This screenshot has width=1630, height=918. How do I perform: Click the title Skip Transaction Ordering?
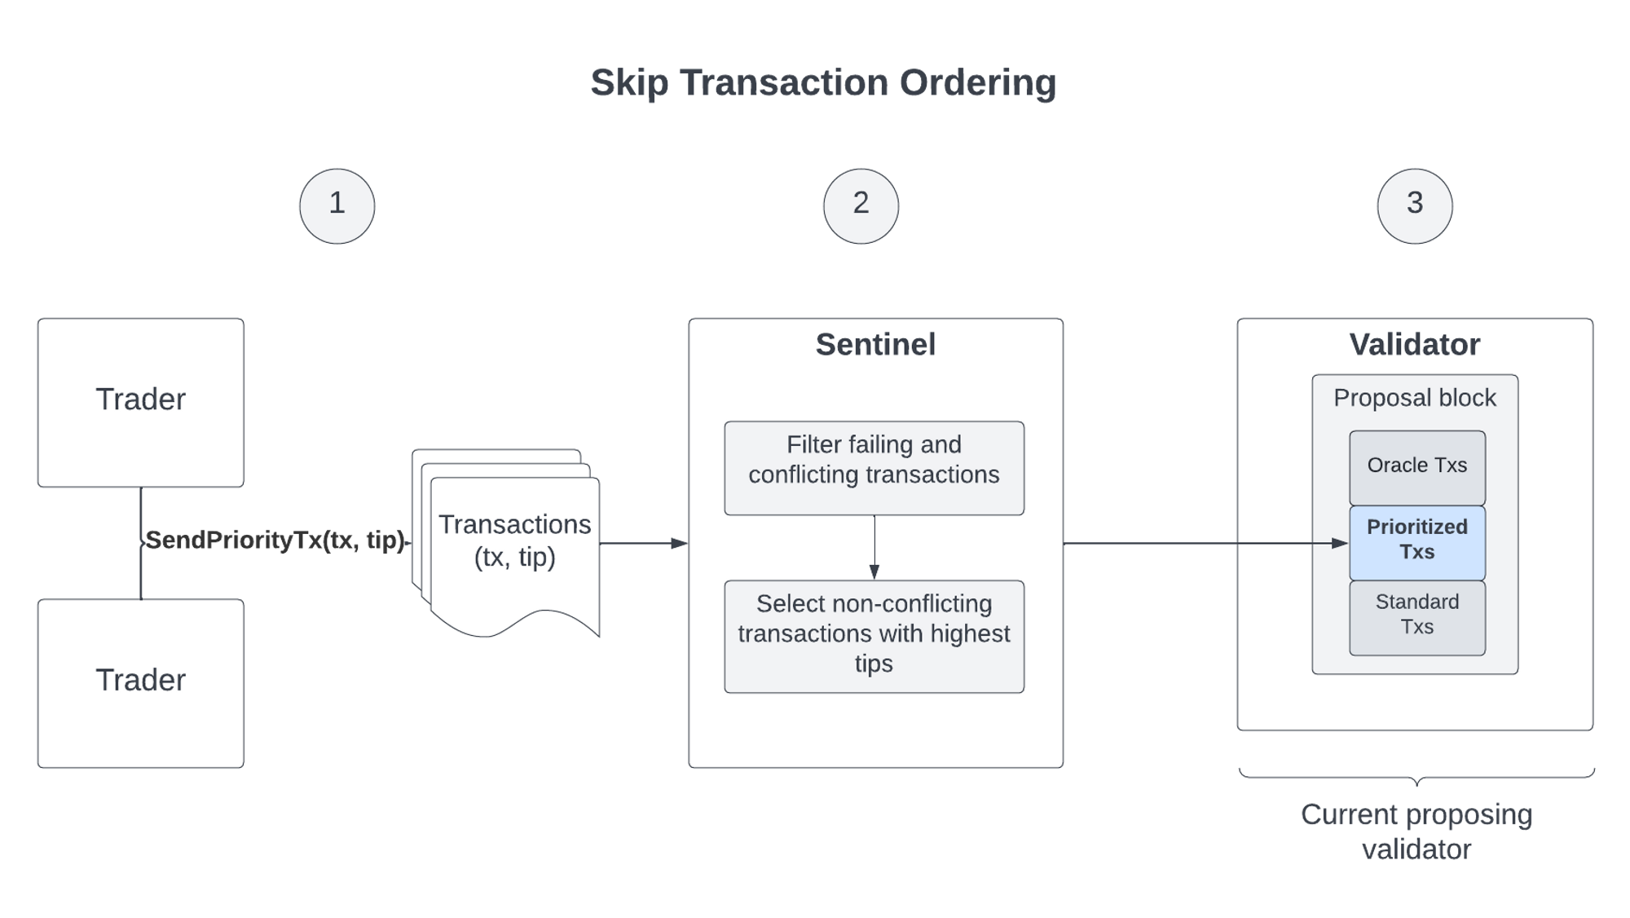tap(822, 82)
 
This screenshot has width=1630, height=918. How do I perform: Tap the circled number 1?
tap(337, 205)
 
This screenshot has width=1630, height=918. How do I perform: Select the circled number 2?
tap(861, 205)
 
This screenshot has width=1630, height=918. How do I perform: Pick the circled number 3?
tap(1415, 205)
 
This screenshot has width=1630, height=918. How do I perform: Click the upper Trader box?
tap(141, 402)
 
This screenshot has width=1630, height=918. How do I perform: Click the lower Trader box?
tap(141, 683)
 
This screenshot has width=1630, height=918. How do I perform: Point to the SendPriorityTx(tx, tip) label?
tap(275, 541)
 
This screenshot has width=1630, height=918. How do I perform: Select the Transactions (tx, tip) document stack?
tap(514, 542)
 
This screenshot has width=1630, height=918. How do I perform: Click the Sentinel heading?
tap(875, 345)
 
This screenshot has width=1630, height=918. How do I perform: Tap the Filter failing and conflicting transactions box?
tap(874, 467)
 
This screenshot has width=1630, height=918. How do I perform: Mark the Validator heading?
tap(1414, 345)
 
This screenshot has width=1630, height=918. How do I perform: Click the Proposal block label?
tap(1414, 398)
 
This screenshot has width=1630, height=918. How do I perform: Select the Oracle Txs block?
tap(1416, 466)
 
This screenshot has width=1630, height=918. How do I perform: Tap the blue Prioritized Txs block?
tap(1416, 541)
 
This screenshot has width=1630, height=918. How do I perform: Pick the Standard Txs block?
tap(1416, 616)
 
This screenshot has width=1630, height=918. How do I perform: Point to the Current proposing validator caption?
tap(1416, 832)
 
